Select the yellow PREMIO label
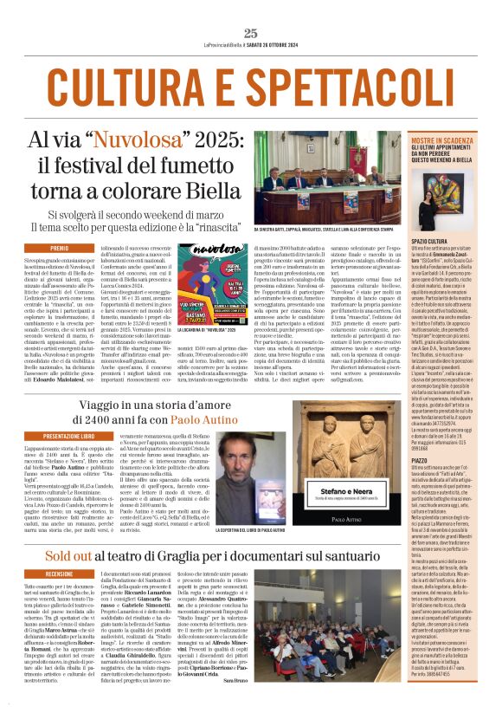tap(59, 249)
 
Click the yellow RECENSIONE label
tap(59, 574)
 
